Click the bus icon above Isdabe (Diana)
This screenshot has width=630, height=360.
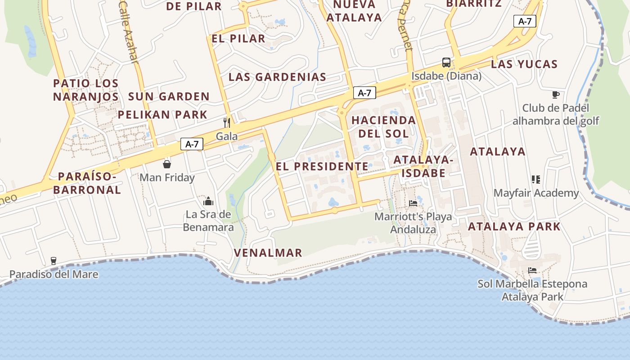pyautogui.click(x=446, y=62)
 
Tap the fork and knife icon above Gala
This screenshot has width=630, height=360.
pyautogui.click(x=227, y=122)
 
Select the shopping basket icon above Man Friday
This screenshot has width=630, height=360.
pyautogui.click(x=167, y=164)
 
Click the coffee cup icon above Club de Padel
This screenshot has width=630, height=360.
pyautogui.click(x=556, y=94)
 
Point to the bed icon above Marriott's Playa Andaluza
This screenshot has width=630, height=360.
pyautogui.click(x=413, y=203)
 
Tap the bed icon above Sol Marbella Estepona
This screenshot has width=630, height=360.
pyautogui.click(x=532, y=270)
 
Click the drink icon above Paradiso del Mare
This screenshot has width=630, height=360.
pyautogui.click(x=54, y=261)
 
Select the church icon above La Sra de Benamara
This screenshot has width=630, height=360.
pyautogui.click(x=208, y=201)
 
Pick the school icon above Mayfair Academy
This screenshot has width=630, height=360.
pyautogui.click(x=535, y=180)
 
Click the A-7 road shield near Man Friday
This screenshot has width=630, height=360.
pyautogui.click(x=192, y=144)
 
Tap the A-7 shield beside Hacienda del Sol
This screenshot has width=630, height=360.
pyautogui.click(x=364, y=93)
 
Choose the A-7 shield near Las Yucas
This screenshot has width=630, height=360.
pyautogui.click(x=525, y=21)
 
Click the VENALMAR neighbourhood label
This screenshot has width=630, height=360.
pyautogui.click(x=268, y=253)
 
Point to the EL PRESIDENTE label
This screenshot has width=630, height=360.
pyautogui.click(x=322, y=166)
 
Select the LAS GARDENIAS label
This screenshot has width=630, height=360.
pyautogui.click(x=277, y=77)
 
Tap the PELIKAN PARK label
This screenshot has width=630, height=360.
pyautogui.click(x=162, y=115)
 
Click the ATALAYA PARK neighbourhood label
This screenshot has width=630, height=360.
pyautogui.click(x=514, y=226)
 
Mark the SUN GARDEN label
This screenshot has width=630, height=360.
pyautogui.click(x=169, y=96)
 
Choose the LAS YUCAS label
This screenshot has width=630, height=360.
pyautogui.click(x=524, y=64)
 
